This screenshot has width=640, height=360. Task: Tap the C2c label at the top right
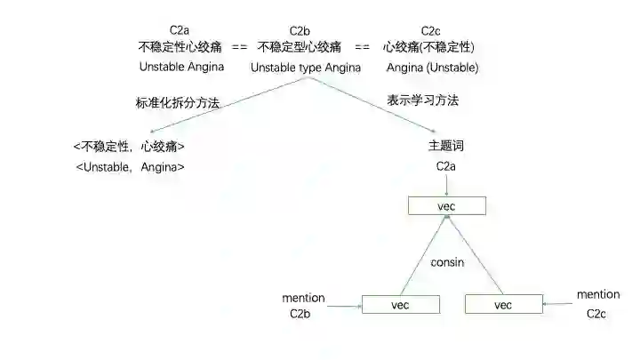[432, 30]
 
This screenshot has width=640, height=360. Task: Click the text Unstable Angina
[181, 67]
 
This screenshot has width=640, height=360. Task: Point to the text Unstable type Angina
[306, 67]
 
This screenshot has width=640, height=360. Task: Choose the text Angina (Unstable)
[433, 68]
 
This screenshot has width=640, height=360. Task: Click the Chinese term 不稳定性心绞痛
[181, 46]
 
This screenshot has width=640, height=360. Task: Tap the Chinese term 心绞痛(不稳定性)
[428, 46]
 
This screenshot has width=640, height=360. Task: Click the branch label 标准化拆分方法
[177, 103]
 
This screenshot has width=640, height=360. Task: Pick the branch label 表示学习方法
[423, 100]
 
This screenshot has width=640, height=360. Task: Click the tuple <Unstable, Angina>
[131, 166]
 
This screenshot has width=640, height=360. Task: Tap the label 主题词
[446, 146]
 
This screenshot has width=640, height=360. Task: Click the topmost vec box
[447, 205]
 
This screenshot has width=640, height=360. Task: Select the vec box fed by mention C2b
[402, 304]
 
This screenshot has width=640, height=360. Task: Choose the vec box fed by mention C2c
[503, 304]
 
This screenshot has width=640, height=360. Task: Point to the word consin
[447, 263]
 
